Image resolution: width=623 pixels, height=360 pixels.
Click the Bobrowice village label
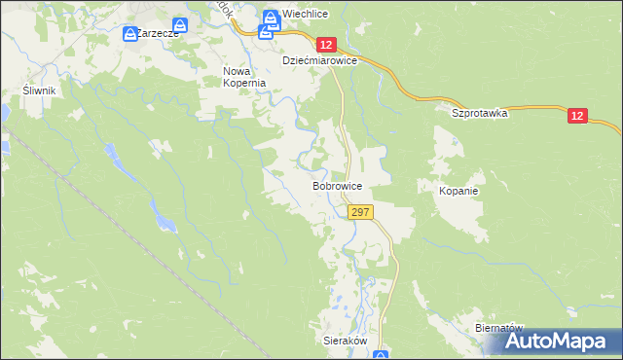tap(338, 185)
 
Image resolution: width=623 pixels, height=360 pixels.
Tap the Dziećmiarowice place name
tap(321, 60)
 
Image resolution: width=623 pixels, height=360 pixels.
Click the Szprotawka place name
tap(480, 113)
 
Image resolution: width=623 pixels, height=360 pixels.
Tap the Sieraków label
tap(344, 342)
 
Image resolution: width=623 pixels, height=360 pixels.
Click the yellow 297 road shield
tap(359, 212)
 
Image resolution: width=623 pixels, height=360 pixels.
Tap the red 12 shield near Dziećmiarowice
tap(326, 45)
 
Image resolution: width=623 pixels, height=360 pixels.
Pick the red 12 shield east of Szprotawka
tap(578, 116)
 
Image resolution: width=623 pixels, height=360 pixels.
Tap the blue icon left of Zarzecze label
tap(130, 34)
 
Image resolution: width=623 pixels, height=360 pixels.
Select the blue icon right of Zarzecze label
tap(180, 24)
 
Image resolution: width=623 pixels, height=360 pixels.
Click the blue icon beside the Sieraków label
tap(381, 355)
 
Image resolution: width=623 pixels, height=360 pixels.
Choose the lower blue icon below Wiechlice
tap(265, 31)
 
